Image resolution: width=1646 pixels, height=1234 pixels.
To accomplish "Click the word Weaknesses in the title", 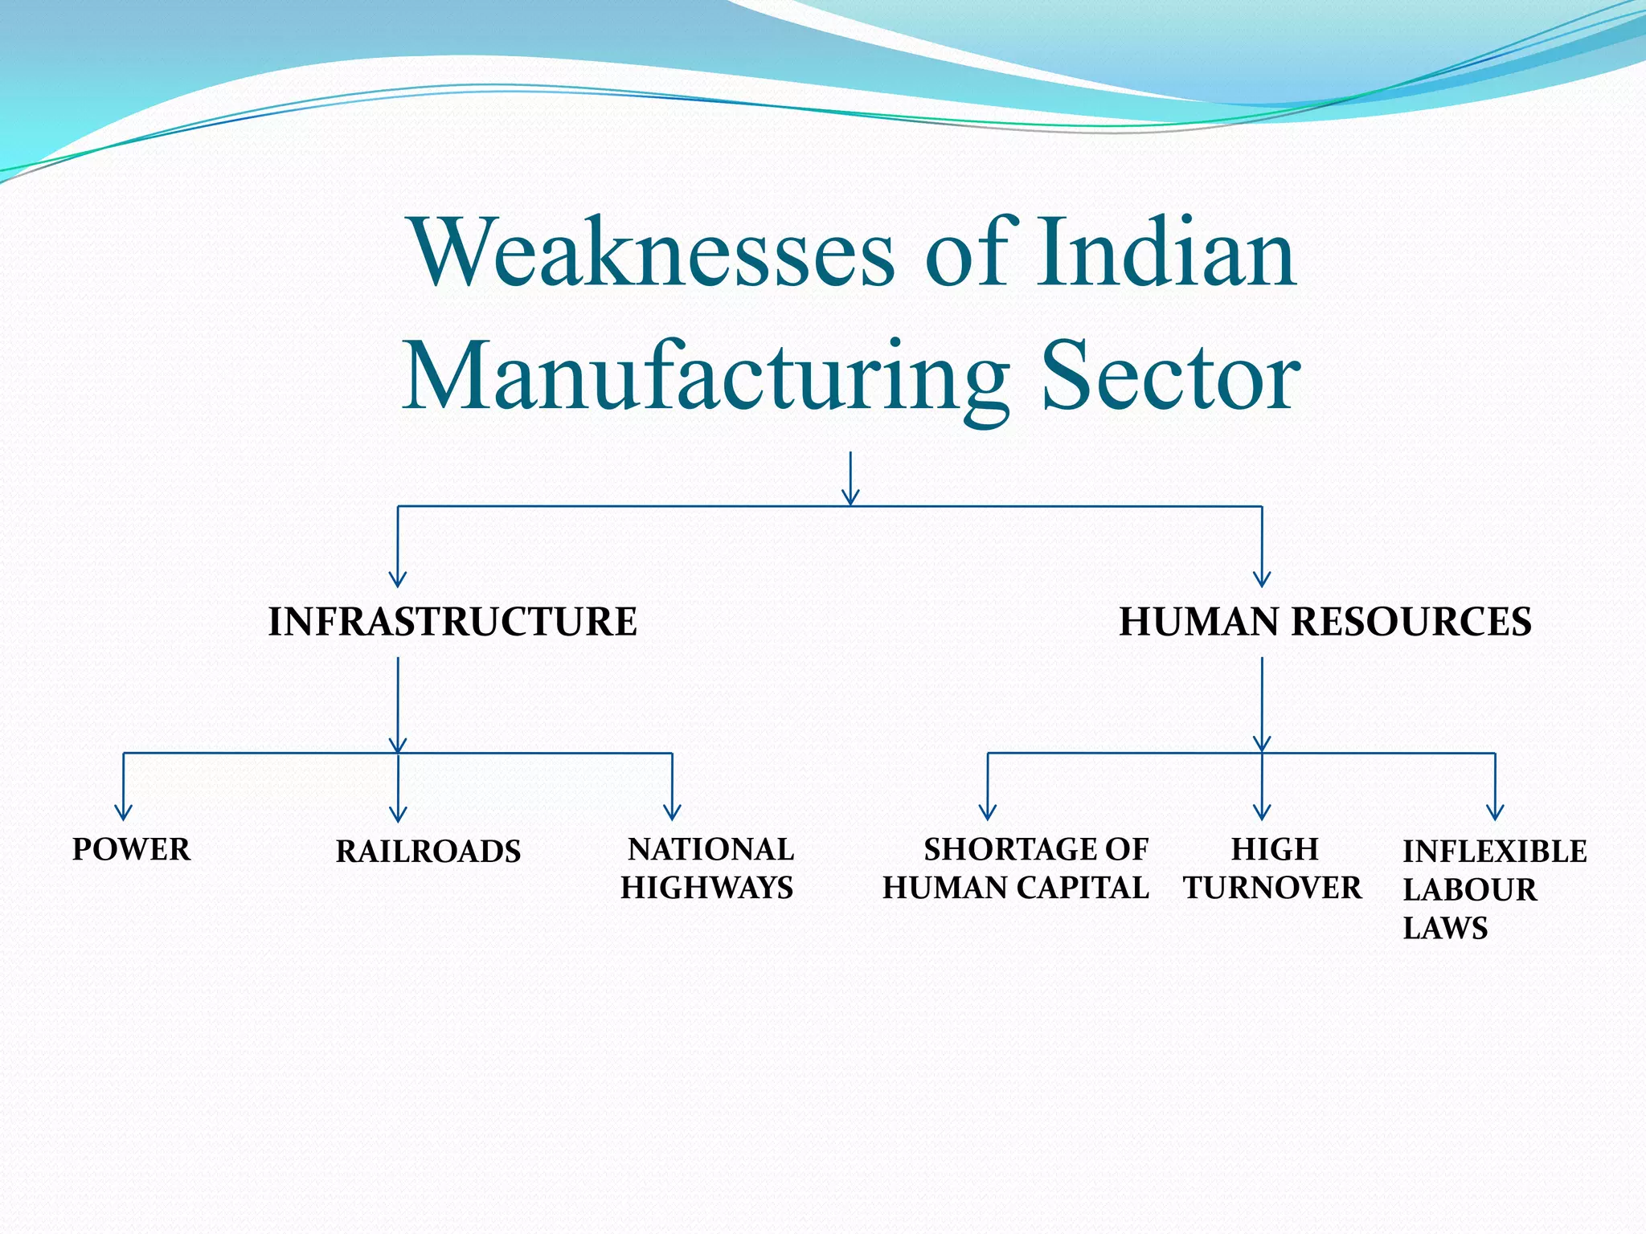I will tap(652, 253).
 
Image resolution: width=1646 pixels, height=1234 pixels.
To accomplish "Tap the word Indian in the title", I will tap(1165, 253).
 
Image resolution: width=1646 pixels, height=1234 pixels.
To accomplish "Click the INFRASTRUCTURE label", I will tap(452, 622).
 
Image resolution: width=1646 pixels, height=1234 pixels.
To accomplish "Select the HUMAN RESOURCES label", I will tap(1325, 622).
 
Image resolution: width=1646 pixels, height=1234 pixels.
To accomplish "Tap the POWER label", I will tap(132, 850).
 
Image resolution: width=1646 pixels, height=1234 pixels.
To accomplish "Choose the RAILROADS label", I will tap(428, 852).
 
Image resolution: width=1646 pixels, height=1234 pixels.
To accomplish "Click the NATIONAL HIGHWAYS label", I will tap(708, 868).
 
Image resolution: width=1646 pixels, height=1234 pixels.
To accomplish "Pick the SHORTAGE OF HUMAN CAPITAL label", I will tap(1017, 868).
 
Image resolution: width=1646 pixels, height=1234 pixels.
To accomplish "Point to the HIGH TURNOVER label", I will tap(1273, 868).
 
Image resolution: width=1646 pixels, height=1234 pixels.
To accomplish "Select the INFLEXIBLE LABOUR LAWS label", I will tap(1493, 889).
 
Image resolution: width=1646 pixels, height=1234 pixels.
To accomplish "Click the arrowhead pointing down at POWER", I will tap(123, 813).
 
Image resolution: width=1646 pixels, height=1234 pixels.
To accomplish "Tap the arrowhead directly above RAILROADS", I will tap(398, 815).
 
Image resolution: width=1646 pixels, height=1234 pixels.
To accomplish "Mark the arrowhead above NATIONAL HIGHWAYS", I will tap(672, 813).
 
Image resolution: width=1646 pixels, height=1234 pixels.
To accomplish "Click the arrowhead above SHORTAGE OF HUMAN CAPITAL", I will tap(988, 813).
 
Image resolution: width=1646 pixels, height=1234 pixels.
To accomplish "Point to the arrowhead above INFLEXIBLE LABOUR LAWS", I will tap(1495, 813).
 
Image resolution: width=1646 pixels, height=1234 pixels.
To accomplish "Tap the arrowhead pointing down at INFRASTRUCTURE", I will tap(398, 579).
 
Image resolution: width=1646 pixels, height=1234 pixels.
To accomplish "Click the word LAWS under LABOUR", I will tap(1445, 929).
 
